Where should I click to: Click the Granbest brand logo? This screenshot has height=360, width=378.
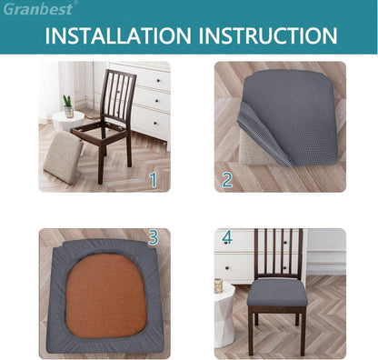(x=39, y=8)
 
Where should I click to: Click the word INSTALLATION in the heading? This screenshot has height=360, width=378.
(x=118, y=35)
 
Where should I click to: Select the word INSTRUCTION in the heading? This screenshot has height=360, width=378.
(x=268, y=35)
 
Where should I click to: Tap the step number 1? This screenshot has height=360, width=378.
(x=154, y=180)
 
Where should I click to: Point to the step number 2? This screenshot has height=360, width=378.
(x=227, y=180)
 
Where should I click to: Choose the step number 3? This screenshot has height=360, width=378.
(x=154, y=237)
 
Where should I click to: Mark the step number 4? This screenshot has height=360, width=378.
(x=227, y=237)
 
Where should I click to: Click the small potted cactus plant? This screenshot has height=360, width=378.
(x=68, y=106)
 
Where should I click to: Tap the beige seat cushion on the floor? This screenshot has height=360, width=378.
(x=63, y=157)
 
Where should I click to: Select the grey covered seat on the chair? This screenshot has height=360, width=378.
(x=277, y=293)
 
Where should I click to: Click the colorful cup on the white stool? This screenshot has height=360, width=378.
(x=218, y=286)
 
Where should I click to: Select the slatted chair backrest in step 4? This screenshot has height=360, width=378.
(x=278, y=254)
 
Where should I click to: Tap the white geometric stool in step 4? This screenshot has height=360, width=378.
(x=224, y=315)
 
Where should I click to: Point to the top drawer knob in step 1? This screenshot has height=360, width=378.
(x=157, y=80)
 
